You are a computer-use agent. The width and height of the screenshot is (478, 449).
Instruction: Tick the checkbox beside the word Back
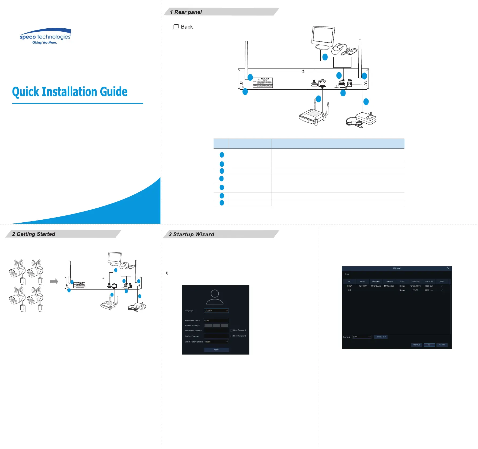coord(176,27)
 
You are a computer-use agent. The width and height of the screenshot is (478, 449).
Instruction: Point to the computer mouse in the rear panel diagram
coord(338,49)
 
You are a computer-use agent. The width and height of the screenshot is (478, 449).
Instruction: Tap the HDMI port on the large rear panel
coord(314,85)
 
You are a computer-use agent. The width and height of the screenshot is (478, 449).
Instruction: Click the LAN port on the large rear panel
coord(322,83)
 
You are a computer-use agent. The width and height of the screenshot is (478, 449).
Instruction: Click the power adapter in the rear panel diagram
coord(366,118)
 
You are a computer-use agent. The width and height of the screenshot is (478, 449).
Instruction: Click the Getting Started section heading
coord(34,234)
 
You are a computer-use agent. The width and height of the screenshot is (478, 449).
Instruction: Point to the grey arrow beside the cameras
coord(54,281)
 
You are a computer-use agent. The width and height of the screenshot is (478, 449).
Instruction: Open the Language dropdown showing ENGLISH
coord(216,311)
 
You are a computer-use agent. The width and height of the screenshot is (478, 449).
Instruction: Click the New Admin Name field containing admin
coord(216,321)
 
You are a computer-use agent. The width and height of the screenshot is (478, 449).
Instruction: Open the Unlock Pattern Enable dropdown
coord(216,342)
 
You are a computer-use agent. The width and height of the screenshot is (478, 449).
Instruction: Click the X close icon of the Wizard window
coord(448,268)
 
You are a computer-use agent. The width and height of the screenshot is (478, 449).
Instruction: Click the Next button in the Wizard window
coord(429,345)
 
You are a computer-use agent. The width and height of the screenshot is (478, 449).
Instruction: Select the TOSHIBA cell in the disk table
coord(363,286)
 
